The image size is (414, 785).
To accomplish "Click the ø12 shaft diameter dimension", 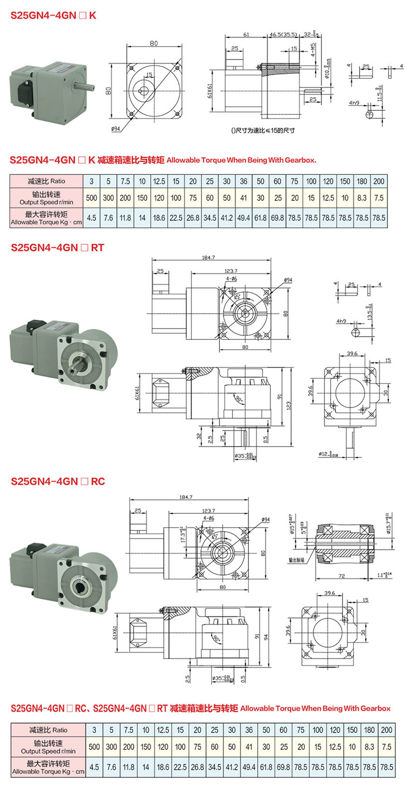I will click(x=331, y=455).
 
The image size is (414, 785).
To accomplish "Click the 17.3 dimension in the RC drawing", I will click(x=182, y=534).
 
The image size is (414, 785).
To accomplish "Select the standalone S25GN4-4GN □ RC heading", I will click(x=58, y=481).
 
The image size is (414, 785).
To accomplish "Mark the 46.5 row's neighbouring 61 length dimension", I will click(x=246, y=35).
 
